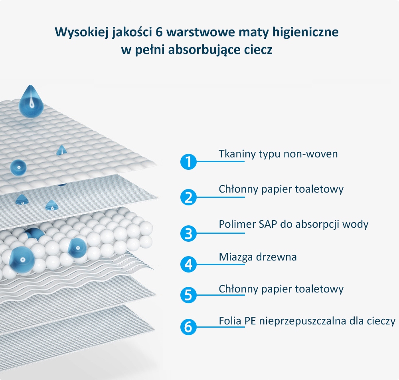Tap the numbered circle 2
point(188,197)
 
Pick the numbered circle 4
point(188,264)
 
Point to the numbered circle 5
point(188,295)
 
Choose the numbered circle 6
point(188,327)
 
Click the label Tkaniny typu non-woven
point(278,154)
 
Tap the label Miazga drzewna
point(258,257)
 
